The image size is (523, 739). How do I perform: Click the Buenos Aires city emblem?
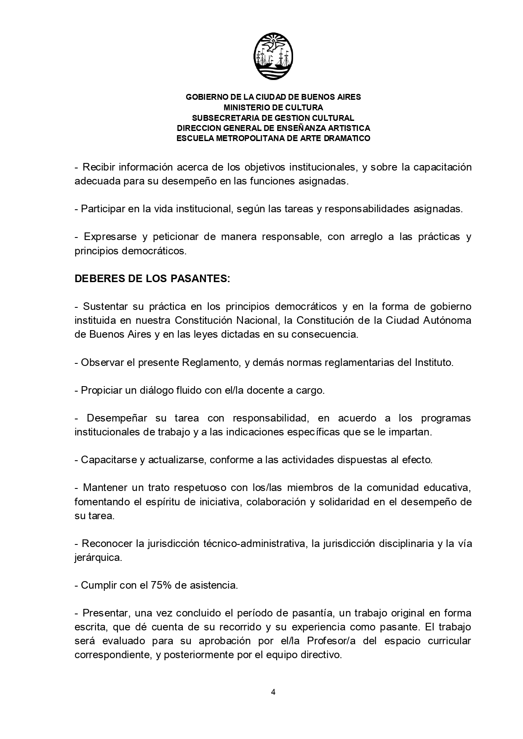point(273,57)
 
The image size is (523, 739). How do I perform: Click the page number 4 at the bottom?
point(273,692)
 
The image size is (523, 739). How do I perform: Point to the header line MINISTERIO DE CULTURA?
point(273,107)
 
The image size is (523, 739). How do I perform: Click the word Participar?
point(102,209)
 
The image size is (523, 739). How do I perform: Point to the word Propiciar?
point(101,390)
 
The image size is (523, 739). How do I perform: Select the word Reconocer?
point(107,544)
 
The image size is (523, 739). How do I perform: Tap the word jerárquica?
point(98,558)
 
